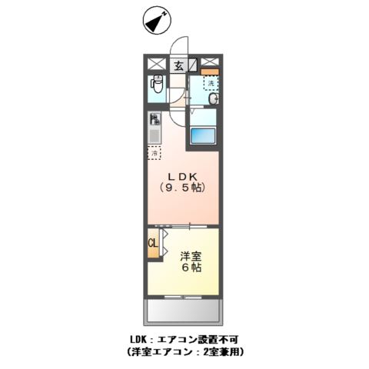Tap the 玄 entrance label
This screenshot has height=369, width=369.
(x=178, y=66)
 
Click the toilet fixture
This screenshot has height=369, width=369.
(x=157, y=86)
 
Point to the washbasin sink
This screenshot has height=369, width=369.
(x=212, y=98)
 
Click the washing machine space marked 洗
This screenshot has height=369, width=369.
(x=209, y=84)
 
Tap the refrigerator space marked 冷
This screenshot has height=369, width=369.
(x=154, y=153)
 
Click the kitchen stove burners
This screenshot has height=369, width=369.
(x=155, y=120)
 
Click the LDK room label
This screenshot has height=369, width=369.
(x=183, y=176)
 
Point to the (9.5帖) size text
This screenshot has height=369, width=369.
(x=183, y=188)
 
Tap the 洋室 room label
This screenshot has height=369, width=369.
(x=191, y=256)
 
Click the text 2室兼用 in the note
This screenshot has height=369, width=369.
(x=217, y=351)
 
